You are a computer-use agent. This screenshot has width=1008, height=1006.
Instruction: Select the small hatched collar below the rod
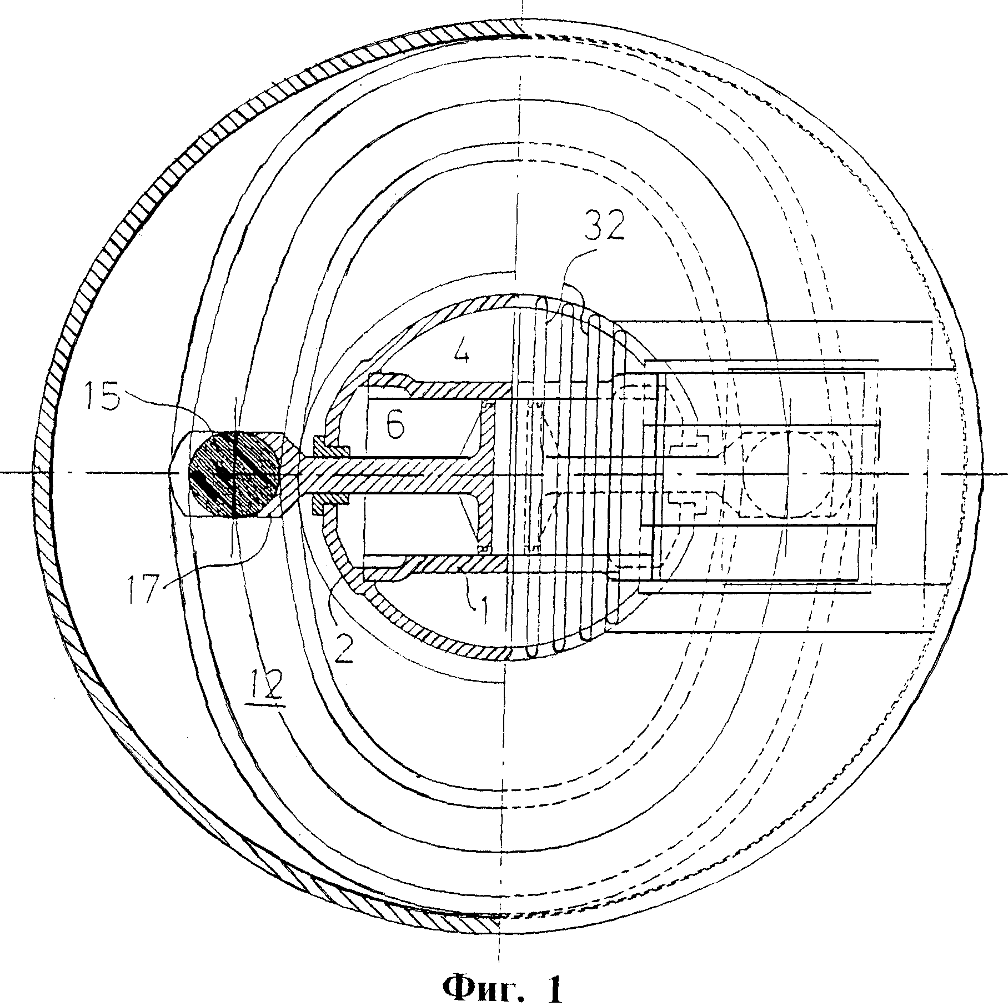coord(332,499)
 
